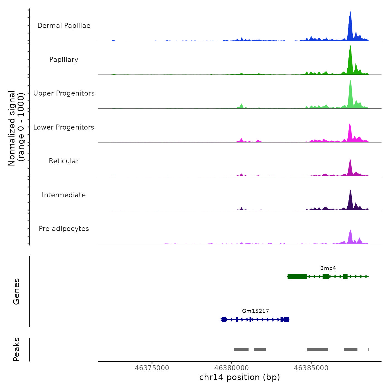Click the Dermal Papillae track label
[x=64, y=26]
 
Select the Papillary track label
[x=64, y=60]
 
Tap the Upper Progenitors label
[x=64, y=93]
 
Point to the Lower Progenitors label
[x=64, y=127]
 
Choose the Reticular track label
[x=64, y=161]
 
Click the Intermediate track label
[x=64, y=195]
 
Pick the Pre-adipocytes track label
[x=64, y=229]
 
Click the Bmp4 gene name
[x=328, y=268]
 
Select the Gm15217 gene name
[x=255, y=311]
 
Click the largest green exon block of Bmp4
[x=297, y=277]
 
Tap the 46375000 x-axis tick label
[x=152, y=368]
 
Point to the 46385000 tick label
[x=311, y=368]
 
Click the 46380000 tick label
[x=231, y=368]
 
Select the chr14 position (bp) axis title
[x=240, y=377]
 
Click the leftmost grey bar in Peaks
[x=241, y=350]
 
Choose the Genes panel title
[x=16, y=291]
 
